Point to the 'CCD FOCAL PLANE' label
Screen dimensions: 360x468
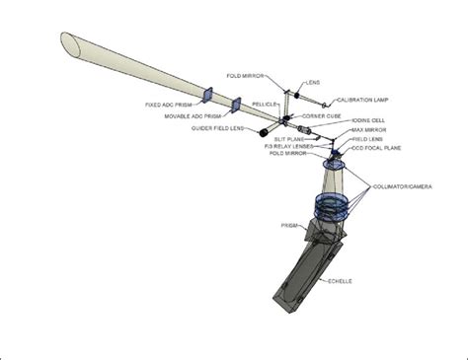pos(379,148)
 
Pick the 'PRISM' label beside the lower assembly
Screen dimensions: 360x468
pos(290,225)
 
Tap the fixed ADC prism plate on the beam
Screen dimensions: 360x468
pos(207,95)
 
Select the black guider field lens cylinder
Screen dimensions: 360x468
pos(265,131)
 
